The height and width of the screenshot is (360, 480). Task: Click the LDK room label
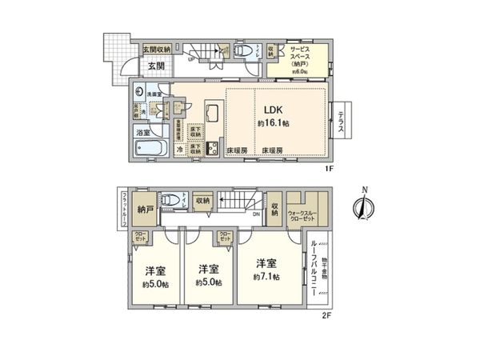click(266, 111)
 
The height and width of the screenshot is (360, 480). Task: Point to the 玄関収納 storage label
click(156, 49)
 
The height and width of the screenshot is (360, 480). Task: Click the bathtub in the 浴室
click(150, 149)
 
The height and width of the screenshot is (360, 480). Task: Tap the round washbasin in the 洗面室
click(140, 92)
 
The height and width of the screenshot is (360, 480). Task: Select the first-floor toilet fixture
click(246, 49)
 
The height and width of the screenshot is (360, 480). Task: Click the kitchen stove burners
click(214, 148)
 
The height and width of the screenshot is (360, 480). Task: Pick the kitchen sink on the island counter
click(214, 111)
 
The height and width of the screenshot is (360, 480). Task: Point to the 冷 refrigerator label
click(179, 149)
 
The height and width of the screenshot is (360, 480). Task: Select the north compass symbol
click(362, 205)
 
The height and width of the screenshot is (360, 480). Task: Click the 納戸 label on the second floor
click(144, 210)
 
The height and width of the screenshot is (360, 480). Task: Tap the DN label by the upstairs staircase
click(256, 214)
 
